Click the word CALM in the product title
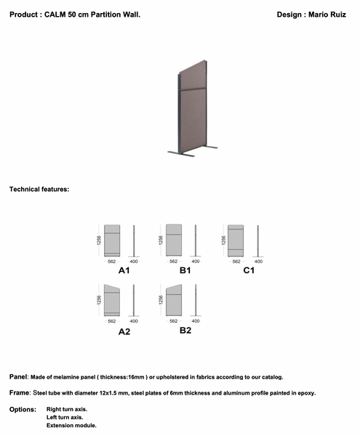point(57,15)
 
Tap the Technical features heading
point(39,189)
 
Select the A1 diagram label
point(124,270)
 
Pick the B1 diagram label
point(185,270)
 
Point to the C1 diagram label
point(248,270)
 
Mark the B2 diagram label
point(185,331)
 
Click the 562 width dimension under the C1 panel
point(236,260)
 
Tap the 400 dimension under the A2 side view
point(134,320)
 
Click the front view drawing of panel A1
point(112,240)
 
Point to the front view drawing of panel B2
point(173,301)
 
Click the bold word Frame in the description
point(20,392)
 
